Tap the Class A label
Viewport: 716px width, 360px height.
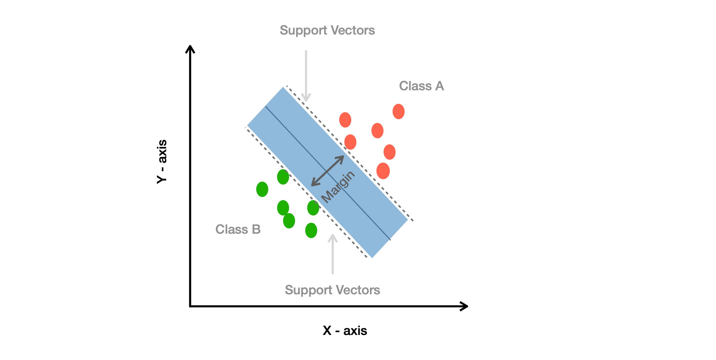click(421, 86)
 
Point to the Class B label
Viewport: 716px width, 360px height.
click(238, 230)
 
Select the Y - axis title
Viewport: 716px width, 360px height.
click(162, 161)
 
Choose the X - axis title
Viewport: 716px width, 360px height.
click(345, 331)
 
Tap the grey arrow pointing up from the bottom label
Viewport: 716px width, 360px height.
click(333, 254)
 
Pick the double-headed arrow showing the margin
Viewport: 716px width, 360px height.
click(328, 171)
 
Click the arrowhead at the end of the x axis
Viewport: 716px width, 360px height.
click(464, 306)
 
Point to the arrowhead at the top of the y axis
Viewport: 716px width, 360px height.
click(190, 49)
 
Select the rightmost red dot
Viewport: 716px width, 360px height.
click(399, 112)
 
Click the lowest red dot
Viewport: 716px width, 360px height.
click(383, 171)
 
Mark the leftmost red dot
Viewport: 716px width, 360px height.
click(345, 120)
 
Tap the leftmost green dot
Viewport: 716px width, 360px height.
click(262, 189)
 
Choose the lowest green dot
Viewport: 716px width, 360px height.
click(311, 230)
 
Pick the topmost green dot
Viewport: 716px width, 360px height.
click(283, 177)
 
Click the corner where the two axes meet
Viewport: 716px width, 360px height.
click(190, 306)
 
